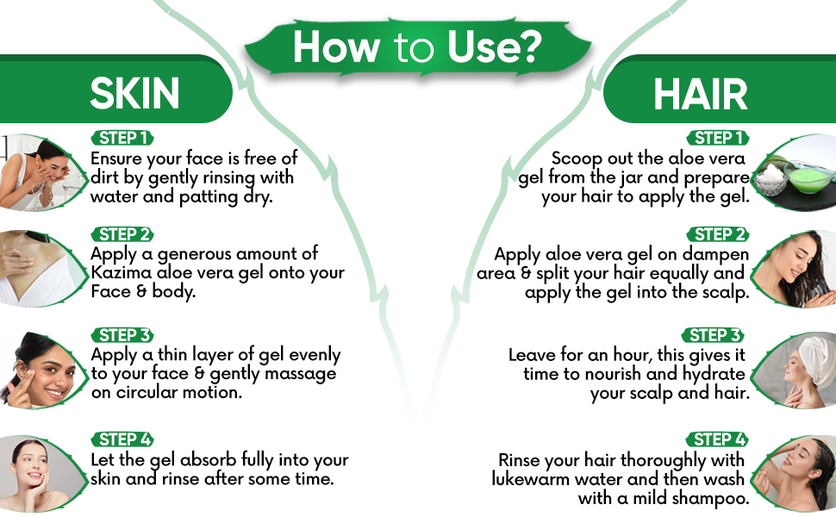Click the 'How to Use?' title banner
417,47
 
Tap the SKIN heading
134,93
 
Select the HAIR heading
701,94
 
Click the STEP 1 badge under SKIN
122,138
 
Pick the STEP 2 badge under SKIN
122,234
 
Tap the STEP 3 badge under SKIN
122,335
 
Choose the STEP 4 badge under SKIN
122,439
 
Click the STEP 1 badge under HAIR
718,138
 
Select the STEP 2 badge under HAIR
718,234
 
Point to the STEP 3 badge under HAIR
713,335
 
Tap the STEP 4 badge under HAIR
717,439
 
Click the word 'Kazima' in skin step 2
121,272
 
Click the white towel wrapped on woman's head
812,354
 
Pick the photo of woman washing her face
41,172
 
